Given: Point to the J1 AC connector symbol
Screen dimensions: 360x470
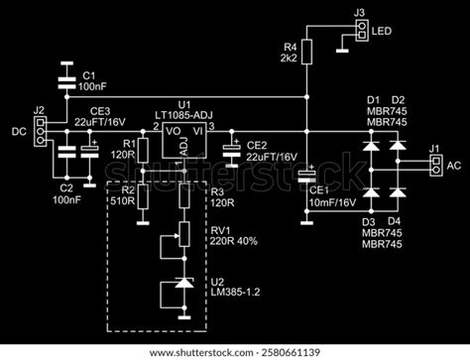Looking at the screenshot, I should (434, 168).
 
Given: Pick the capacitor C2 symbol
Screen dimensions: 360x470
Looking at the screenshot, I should (65, 155).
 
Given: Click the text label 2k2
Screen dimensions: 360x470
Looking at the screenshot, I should (291, 60).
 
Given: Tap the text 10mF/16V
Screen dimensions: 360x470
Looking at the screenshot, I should (330, 201).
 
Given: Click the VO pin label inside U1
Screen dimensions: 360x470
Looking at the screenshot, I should (172, 130).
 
